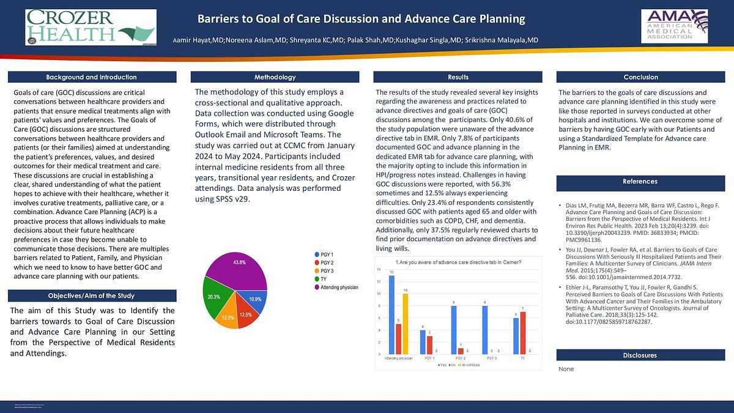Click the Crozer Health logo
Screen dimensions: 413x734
(91, 28)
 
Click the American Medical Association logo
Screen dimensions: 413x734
(674, 26)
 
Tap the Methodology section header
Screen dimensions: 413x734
(275, 77)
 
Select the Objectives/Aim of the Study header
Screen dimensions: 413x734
(92, 296)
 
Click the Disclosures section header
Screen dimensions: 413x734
(640, 355)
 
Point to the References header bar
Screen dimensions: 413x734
(640, 181)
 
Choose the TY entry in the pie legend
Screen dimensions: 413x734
(324, 279)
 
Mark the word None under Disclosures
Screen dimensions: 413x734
(566, 370)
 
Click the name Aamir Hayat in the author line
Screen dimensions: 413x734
(192, 40)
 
